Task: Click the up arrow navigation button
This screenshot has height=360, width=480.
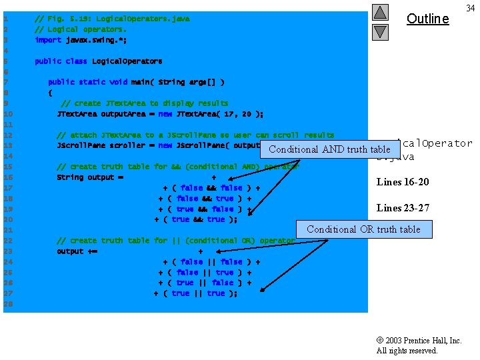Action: [x=379, y=12]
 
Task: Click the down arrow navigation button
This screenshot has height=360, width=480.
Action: [x=379, y=31]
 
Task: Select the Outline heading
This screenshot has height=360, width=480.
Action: [x=427, y=19]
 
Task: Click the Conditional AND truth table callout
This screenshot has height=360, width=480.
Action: [x=329, y=149]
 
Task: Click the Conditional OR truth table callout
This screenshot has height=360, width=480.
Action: [x=363, y=229]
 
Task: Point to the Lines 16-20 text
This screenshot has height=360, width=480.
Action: [x=403, y=182]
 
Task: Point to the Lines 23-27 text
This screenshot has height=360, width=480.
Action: [x=403, y=208]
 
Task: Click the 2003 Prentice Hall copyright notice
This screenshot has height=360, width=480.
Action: [x=419, y=345]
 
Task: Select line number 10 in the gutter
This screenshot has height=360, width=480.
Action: [x=7, y=114]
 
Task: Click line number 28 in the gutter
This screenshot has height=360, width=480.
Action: [x=7, y=304]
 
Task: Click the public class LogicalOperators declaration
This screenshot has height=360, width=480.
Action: [x=98, y=61]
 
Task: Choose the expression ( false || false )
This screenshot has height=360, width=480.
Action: [x=211, y=262]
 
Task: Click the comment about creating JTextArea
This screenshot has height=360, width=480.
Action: [x=144, y=103]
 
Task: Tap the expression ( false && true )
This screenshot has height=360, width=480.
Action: [x=205, y=199]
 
